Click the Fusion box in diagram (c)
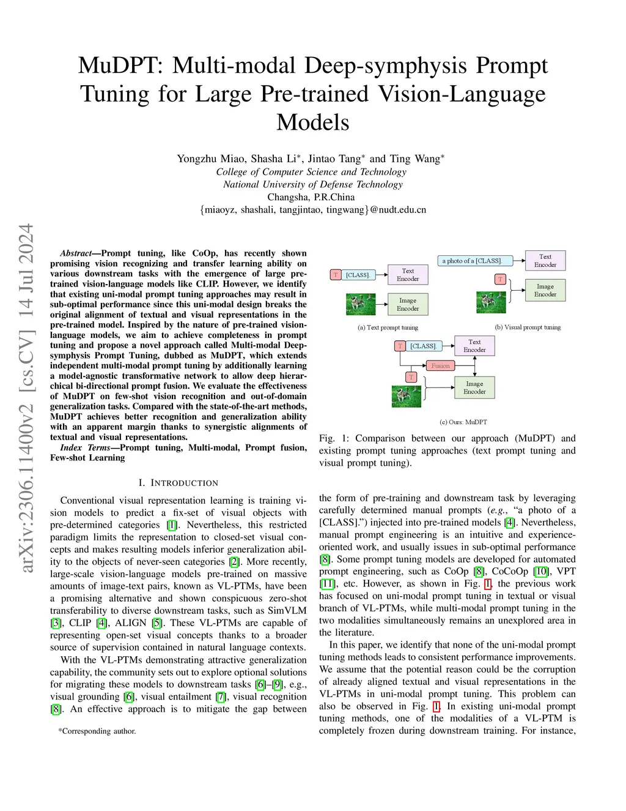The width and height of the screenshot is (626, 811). (440, 366)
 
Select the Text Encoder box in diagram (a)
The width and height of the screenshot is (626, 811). (408, 275)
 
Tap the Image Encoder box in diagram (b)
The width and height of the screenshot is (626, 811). (545, 290)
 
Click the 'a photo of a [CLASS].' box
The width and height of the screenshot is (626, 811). (472, 261)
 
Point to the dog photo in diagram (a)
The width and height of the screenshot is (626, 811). (361, 304)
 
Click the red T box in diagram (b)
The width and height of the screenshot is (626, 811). (500, 279)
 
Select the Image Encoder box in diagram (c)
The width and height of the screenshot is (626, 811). (474, 387)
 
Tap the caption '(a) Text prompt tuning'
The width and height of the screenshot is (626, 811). (388, 327)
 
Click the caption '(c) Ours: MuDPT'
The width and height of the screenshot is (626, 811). (463, 422)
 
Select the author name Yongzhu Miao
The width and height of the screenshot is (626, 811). (211, 159)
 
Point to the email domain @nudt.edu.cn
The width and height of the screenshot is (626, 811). (398, 209)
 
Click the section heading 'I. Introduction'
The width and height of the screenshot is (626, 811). (179, 483)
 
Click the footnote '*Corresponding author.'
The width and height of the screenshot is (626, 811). (97, 731)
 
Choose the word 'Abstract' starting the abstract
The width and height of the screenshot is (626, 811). (76, 253)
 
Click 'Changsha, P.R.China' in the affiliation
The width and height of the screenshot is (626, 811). (311, 197)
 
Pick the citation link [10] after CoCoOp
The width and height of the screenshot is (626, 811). (541, 571)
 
